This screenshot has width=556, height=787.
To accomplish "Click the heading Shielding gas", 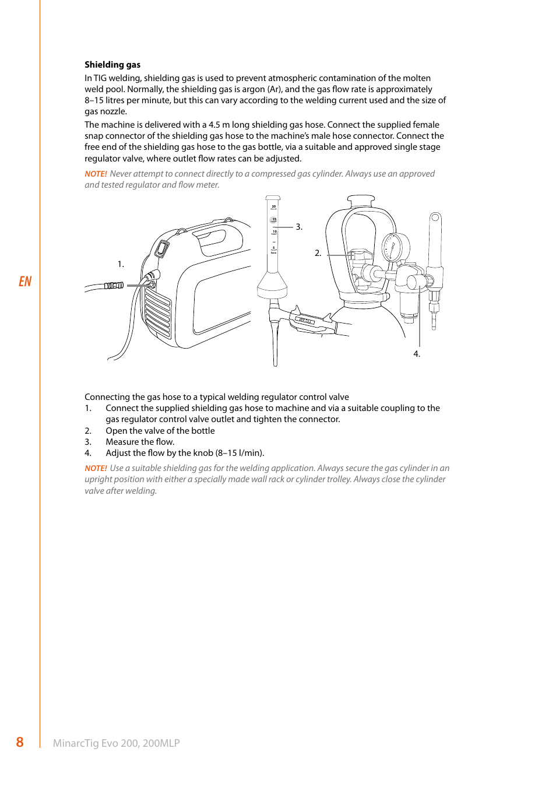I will tap(112, 65).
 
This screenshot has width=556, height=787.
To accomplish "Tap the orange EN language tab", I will tap(25, 282).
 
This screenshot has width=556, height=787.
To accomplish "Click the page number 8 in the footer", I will tap(20, 742).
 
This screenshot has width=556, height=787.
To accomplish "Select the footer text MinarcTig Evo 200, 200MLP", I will tap(116, 743).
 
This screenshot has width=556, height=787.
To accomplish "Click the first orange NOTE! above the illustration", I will tap(96, 174).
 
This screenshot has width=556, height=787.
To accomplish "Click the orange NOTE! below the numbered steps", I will tap(96, 468).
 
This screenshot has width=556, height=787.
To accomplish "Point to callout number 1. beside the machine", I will tap(121, 264).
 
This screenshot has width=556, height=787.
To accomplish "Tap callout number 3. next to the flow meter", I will tap(299, 227).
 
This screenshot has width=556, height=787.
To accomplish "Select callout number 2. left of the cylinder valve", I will tap(318, 253).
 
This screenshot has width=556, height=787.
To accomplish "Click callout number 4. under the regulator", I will tap(417, 354).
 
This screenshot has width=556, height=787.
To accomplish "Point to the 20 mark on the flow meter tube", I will tap(273, 206).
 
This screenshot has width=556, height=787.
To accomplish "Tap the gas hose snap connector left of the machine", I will tap(114, 286).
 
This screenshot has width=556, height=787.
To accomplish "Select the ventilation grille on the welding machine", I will tap(157, 314).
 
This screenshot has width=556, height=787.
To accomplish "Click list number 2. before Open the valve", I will tap(88, 431).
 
